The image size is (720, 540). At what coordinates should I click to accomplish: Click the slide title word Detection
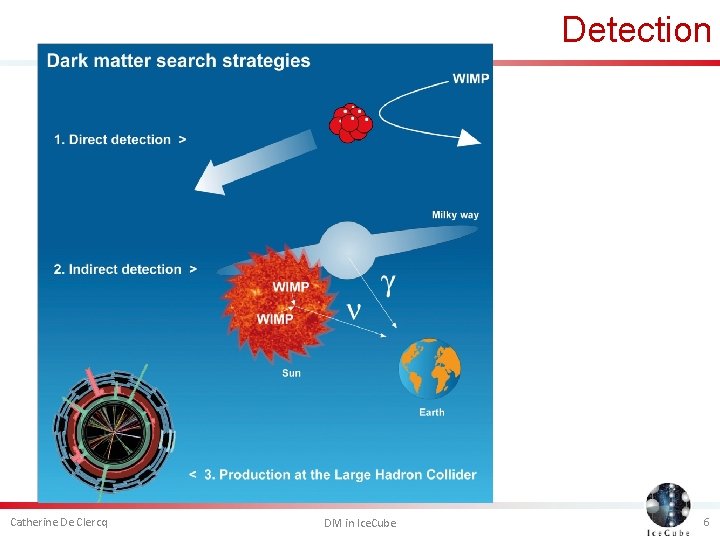636,29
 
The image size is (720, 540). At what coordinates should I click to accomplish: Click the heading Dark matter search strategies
179,61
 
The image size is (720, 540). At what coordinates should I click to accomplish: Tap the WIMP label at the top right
471,78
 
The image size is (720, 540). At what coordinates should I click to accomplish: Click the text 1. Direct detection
119,139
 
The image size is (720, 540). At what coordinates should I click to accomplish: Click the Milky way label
455,215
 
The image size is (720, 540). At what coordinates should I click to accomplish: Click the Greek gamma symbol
388,285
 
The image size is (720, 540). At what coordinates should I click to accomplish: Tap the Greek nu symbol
354,311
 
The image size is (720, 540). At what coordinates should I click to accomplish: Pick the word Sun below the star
291,373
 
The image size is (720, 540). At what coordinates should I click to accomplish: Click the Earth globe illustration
430,369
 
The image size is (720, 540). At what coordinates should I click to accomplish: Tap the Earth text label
432,412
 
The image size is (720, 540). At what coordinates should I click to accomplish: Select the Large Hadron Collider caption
333,474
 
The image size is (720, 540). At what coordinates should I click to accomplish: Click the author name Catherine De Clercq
59,522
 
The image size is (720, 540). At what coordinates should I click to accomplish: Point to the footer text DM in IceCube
360,523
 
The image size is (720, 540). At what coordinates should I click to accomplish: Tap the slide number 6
706,522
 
